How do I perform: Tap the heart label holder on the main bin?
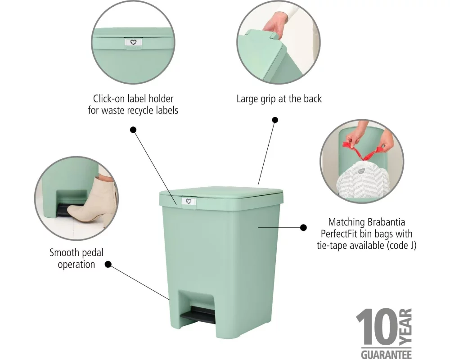click(x=189, y=202)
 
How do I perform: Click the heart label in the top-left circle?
click(x=133, y=42)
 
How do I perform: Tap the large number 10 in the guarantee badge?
click(x=377, y=327)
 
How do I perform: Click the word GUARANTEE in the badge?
click(x=386, y=354)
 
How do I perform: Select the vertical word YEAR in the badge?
click(x=405, y=326)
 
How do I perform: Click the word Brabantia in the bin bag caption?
click(x=386, y=222)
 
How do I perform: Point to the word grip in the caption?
click(x=268, y=99)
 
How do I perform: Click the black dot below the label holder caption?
click(x=133, y=130)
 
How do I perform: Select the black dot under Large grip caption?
click(x=275, y=120)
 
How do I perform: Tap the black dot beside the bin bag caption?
click(x=303, y=227)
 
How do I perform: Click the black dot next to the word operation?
click(x=108, y=264)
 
